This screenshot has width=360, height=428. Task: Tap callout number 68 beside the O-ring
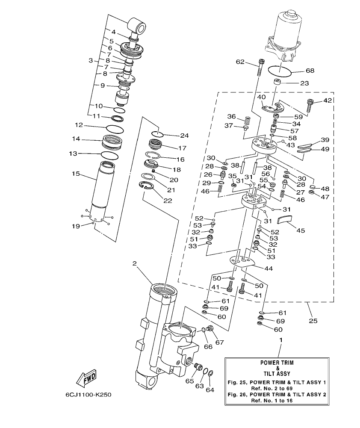(x=310, y=71)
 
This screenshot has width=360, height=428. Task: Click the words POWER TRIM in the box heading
(x=277, y=362)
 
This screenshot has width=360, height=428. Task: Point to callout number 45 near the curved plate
(x=301, y=230)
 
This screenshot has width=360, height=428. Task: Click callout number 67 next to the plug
(x=219, y=342)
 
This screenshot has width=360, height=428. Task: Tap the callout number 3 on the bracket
(x=91, y=61)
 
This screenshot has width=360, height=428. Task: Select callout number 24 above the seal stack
(x=184, y=136)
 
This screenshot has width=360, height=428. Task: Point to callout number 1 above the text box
(x=281, y=339)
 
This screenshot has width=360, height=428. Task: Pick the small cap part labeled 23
(x=280, y=82)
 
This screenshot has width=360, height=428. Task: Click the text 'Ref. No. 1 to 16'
(x=277, y=401)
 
